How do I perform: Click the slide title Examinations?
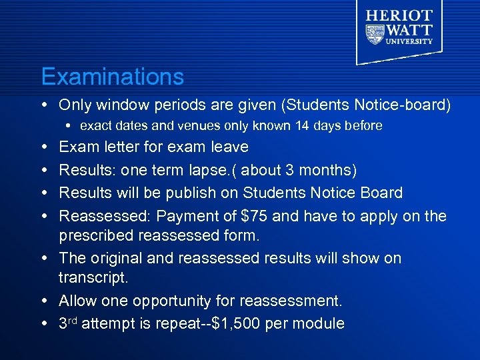tap(112, 77)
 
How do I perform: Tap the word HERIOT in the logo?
tap(399, 15)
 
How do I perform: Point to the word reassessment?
tap(291, 301)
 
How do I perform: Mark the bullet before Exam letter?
tap(44, 147)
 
